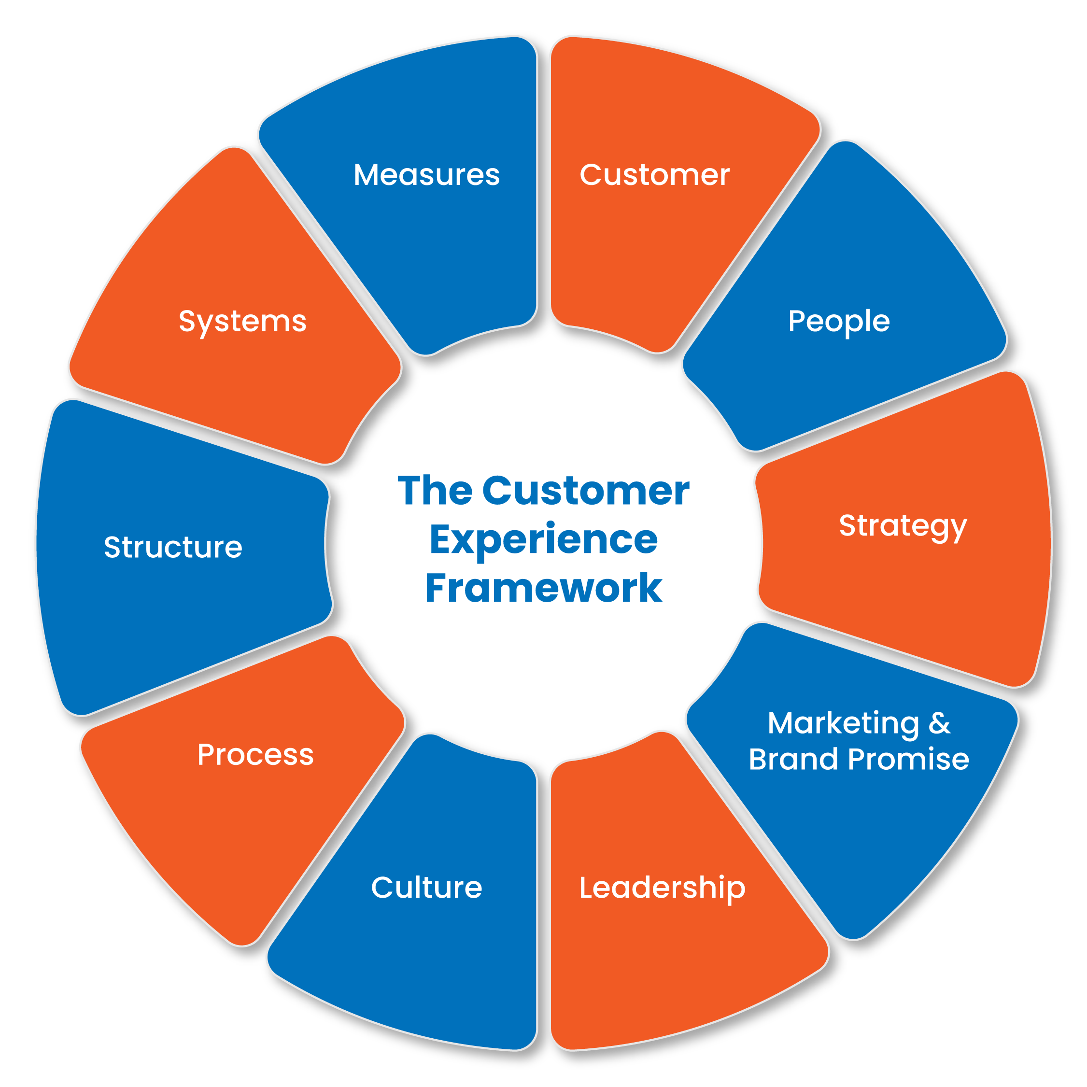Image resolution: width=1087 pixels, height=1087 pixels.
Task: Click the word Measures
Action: tap(426, 175)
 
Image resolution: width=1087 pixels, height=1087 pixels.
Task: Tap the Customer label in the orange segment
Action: tap(654, 175)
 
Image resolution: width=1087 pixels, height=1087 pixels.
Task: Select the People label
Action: tap(838, 322)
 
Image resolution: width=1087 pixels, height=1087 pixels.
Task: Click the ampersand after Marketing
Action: tap(939, 723)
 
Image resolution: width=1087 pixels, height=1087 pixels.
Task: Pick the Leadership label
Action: tap(662, 888)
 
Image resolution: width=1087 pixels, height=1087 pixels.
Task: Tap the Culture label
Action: tap(426, 888)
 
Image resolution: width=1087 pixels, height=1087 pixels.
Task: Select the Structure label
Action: tap(173, 548)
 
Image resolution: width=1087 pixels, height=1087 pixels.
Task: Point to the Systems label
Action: tap(242, 322)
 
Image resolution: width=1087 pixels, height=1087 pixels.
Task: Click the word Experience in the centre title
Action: tap(544, 539)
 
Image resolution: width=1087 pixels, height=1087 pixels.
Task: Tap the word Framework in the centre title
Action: tap(544, 589)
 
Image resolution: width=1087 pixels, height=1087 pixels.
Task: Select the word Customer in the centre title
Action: tap(585, 491)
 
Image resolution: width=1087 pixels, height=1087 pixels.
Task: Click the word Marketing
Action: tap(843, 723)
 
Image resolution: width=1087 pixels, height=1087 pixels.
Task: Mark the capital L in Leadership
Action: tap(586, 888)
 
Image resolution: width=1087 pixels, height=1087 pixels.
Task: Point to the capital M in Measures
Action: tap(367, 175)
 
